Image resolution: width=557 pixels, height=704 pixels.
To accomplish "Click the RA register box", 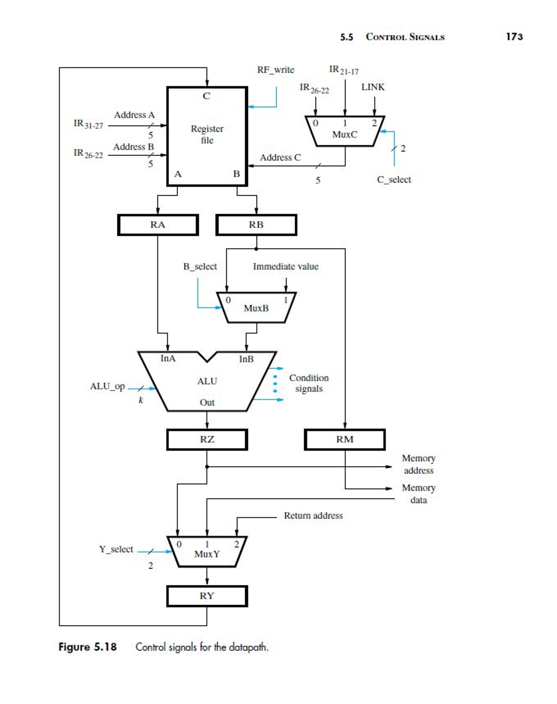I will coord(158,225).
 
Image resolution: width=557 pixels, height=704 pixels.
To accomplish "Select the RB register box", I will coord(256,225).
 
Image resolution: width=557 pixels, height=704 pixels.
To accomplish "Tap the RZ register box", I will coord(207,439).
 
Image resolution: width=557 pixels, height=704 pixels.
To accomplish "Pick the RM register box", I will coord(345,439).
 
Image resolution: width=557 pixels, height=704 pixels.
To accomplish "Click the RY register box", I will coord(207,596).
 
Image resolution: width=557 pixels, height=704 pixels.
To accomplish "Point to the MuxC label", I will coord(345,135).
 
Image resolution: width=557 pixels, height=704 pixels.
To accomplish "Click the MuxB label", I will coord(256,308).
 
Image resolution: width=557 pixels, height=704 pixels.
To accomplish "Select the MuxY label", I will coord(207,554).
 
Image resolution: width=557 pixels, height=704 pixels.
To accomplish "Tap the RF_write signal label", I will coord(275,70).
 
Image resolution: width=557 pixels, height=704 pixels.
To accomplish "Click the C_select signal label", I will coord(394,180).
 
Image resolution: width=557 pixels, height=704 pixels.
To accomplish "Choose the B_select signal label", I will coord(200,266).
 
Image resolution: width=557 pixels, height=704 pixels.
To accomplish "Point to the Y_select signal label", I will coord(116,549).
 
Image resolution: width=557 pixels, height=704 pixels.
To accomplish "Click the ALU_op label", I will coord(107,386).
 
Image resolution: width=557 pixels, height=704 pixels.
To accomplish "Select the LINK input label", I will coord(373,87).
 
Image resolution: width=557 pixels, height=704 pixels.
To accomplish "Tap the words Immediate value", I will coord(285,266).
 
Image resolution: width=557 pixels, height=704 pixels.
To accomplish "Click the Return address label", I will coord(313,515).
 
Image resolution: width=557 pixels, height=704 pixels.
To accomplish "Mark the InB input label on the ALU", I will coord(246,359).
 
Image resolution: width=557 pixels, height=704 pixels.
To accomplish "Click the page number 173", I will coord(514,36).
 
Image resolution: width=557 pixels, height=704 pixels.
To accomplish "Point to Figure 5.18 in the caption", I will coord(88,647).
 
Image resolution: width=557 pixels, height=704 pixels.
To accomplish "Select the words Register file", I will coord(207,134).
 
